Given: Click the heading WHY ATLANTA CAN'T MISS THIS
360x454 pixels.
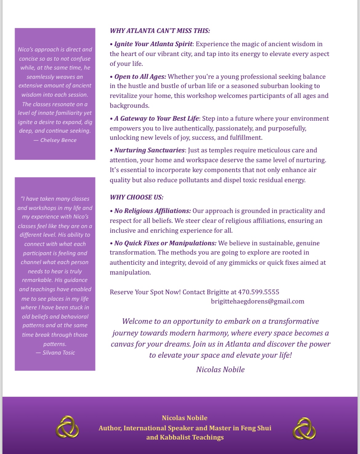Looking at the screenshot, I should (x=160, y=31).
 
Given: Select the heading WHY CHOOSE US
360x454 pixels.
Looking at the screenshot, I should (x=137, y=197).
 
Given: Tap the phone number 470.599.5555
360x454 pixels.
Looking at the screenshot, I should (x=258, y=292).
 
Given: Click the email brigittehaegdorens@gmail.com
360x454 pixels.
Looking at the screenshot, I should (x=258, y=301).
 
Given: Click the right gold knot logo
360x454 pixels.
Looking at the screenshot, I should (x=304, y=428).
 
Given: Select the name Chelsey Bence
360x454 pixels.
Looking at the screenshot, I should (x=58, y=140).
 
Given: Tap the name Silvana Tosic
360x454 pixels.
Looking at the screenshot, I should (x=58, y=353).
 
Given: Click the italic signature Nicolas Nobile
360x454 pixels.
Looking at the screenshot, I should (x=220, y=370).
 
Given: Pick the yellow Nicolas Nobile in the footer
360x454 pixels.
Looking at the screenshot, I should (x=185, y=418).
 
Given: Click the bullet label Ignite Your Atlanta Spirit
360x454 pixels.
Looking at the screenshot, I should (x=153, y=44).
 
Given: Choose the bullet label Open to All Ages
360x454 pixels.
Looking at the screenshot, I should (x=140, y=77).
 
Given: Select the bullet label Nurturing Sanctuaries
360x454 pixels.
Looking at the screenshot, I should (x=149, y=150).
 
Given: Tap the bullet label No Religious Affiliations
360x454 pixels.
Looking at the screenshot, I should (x=152, y=211).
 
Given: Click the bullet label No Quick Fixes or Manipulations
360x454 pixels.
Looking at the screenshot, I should (x=165, y=243).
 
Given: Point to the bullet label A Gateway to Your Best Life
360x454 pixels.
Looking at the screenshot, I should (x=157, y=119).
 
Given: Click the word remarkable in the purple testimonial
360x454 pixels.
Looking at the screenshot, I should (x=37, y=280).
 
